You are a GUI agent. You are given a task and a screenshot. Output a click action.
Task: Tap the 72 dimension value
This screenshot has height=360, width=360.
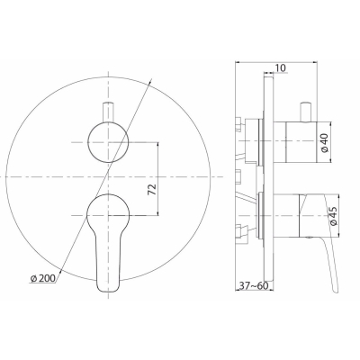click(152, 190)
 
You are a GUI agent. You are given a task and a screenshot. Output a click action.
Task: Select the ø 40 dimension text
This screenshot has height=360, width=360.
click(327, 142)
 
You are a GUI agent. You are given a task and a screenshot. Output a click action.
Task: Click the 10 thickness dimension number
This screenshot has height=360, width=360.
click(280, 67)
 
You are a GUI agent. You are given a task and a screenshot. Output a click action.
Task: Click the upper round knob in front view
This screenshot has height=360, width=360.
click(108, 142)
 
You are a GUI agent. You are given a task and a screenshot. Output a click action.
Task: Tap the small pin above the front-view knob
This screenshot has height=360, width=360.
click(108, 112)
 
